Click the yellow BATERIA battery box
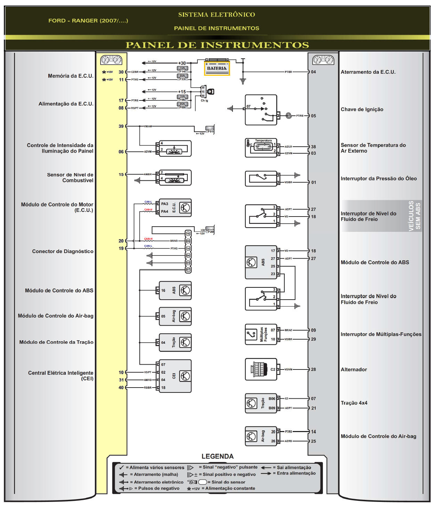(x=217, y=68)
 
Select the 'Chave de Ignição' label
(x=362, y=109)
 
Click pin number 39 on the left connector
(x=121, y=126)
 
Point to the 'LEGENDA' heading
(x=217, y=456)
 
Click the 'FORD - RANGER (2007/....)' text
(x=88, y=21)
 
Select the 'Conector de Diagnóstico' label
(x=63, y=251)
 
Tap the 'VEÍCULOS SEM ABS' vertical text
(x=414, y=216)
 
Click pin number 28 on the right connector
(x=314, y=369)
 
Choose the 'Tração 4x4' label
(x=354, y=403)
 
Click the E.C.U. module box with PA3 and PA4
(x=175, y=208)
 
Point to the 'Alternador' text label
(x=353, y=369)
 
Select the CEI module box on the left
(x=175, y=376)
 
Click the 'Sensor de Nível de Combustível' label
(x=70, y=178)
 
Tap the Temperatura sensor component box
(x=261, y=147)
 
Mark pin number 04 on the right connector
(x=314, y=72)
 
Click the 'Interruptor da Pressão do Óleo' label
(x=379, y=179)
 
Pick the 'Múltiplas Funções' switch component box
(x=261, y=334)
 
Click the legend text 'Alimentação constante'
(x=230, y=488)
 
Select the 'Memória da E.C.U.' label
(x=71, y=76)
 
